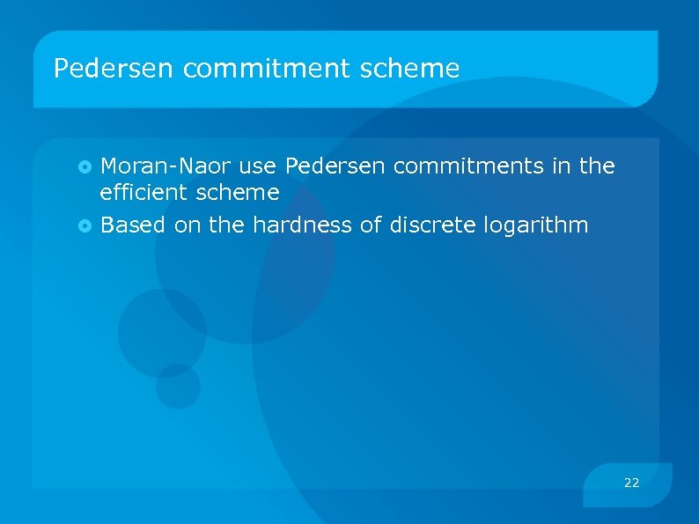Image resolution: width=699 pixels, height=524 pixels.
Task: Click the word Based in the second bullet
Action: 133,225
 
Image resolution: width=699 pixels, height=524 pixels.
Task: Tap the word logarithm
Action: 536,225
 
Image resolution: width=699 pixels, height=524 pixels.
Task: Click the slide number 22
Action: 631,483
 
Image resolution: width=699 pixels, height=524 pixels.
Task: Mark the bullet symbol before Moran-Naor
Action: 85,166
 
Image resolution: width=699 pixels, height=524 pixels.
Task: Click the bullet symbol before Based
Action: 85,226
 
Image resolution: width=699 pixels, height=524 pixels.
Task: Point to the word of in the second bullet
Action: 370,225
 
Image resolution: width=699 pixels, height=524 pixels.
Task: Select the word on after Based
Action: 187,225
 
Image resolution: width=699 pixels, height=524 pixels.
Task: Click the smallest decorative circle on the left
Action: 178,386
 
